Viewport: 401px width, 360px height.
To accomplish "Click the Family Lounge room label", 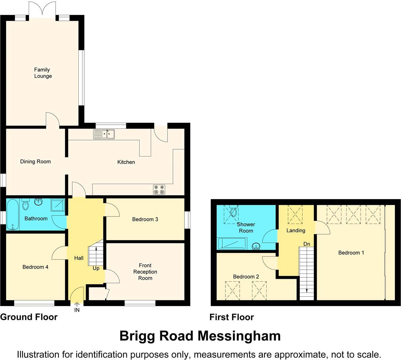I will pos(43,73).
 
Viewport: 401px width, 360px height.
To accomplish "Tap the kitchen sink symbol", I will pos(104,134).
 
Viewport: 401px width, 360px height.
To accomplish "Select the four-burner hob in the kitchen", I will pos(159,190).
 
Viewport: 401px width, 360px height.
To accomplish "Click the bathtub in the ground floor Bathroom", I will pos(12,215).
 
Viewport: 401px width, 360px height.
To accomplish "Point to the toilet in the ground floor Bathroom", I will pos(26,205).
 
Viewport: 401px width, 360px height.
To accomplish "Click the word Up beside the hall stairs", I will pos(96,268).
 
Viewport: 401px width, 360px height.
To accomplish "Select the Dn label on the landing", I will pos(307,244).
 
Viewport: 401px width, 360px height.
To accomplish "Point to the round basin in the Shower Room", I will pos(256,246).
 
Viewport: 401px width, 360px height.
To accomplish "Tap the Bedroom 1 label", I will pos(351,253).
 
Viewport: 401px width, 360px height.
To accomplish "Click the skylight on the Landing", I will pos(295,214).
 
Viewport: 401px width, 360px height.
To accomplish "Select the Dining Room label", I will pos(35,162).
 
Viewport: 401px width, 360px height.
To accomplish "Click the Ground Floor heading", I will pos(29,317).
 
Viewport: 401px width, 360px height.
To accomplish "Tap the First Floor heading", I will pos(232,317).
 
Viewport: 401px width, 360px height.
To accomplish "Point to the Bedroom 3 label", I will pos(145,219).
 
